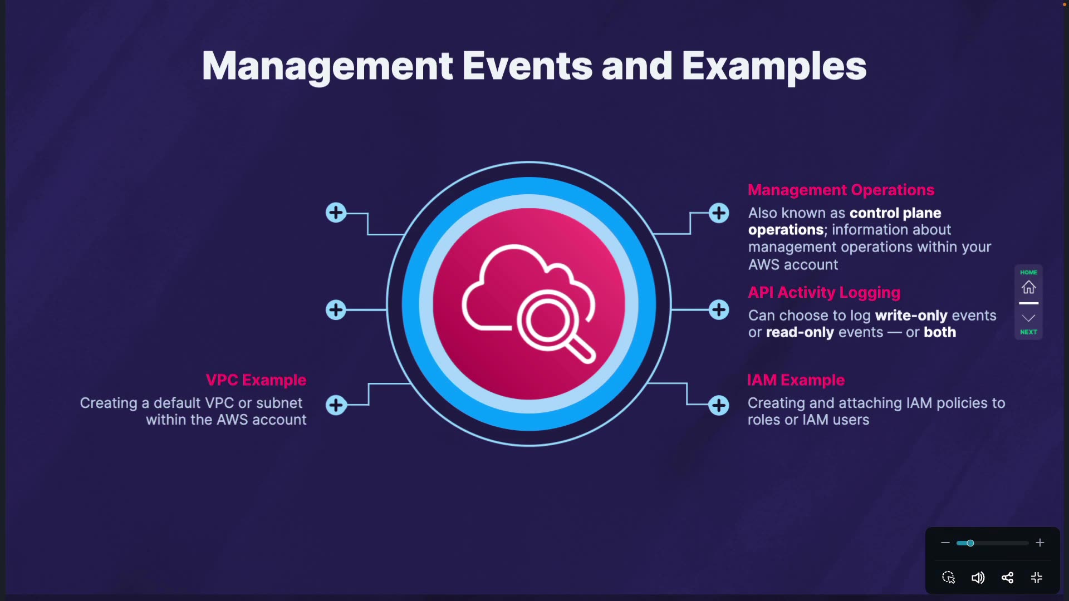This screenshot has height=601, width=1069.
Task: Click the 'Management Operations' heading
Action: click(x=841, y=190)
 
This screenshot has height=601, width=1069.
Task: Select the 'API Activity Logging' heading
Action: click(x=823, y=292)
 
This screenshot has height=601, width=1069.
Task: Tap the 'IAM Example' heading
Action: click(x=796, y=380)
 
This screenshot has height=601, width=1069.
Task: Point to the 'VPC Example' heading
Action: click(x=256, y=380)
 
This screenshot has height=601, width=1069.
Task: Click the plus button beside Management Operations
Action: click(x=719, y=213)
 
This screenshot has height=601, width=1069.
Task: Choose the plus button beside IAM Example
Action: click(x=719, y=405)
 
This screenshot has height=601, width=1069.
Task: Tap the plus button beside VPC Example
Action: click(x=336, y=405)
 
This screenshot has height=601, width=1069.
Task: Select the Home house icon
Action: click(x=1028, y=287)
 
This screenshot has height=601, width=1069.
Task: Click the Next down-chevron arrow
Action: click(x=1028, y=318)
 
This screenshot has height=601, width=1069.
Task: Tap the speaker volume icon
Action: click(x=978, y=578)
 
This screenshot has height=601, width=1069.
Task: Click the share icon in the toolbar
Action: click(x=1007, y=578)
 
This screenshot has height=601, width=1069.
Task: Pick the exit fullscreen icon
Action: click(x=1037, y=578)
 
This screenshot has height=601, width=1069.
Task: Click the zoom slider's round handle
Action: click(x=970, y=543)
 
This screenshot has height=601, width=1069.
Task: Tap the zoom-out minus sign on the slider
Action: click(x=945, y=543)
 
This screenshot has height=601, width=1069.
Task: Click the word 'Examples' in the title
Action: click(x=774, y=67)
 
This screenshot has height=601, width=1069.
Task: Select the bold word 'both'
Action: click(x=940, y=332)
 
